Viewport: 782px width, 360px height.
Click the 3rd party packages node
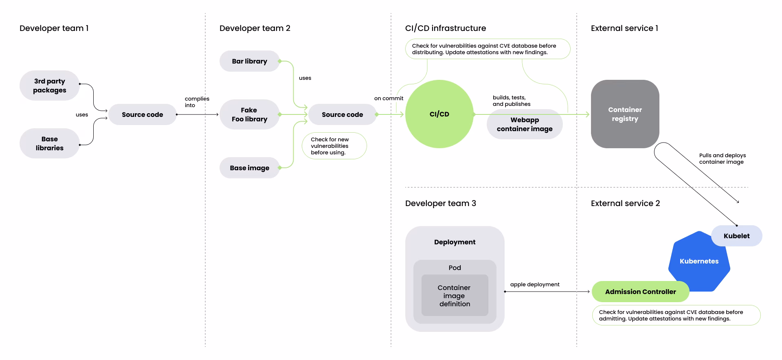coord(49,86)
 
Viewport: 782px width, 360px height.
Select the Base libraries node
coord(49,143)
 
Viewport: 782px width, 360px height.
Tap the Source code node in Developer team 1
coord(142,114)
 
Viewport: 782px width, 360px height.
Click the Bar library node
coord(249,61)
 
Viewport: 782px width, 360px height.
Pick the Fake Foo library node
coord(249,114)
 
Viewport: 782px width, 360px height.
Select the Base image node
coord(249,168)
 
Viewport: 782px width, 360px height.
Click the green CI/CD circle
coord(439,114)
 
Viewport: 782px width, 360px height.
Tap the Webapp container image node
coord(525,124)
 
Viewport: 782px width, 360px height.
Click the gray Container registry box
coord(625,114)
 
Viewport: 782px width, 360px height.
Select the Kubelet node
coord(736,236)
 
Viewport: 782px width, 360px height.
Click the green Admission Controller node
coord(640,292)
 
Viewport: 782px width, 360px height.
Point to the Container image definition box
coord(455,295)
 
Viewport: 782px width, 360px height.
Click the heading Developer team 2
coord(255,28)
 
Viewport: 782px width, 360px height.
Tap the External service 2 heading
coord(625,203)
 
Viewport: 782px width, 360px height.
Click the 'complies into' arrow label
coord(197,102)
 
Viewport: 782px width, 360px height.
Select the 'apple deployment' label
coord(535,284)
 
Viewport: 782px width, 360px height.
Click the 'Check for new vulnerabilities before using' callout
coord(334,146)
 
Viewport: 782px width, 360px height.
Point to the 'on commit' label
coord(389,98)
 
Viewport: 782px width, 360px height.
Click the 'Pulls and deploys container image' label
coord(723,158)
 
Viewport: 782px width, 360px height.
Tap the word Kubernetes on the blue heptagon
coord(699,261)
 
